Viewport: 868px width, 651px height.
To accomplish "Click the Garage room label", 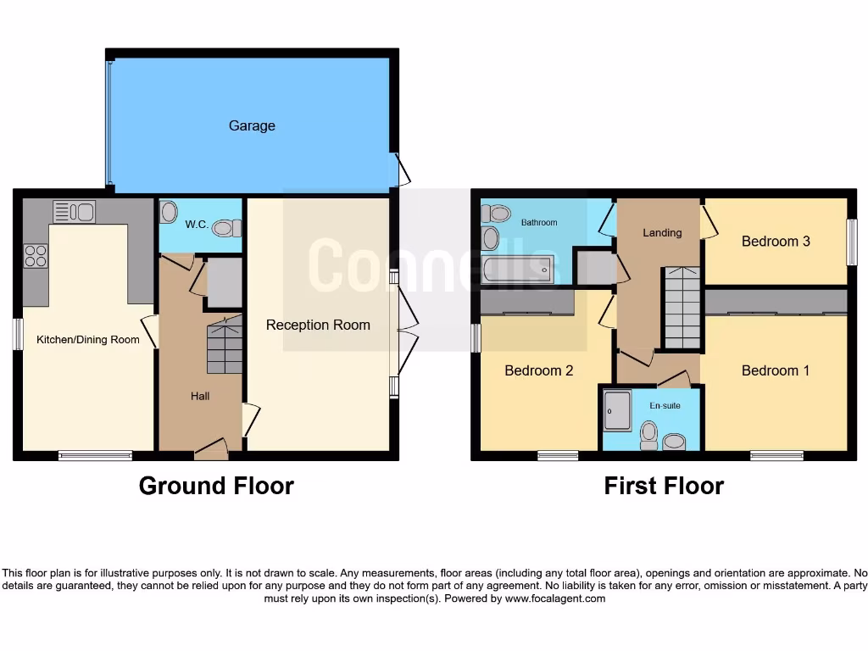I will pos(252,126).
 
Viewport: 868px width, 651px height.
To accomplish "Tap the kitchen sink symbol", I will pos(74,210).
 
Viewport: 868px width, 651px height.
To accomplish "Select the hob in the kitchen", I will pos(36,255).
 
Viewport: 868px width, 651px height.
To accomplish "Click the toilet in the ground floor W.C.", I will pos(225,228).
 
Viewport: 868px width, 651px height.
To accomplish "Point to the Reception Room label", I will pos(318,325).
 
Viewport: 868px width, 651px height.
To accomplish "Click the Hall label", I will pos(200,396).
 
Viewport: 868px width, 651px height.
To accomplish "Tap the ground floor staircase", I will pos(225,344).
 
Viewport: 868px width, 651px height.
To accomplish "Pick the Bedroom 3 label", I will pos(776,242).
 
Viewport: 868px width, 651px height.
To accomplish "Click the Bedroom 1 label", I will pos(776,370).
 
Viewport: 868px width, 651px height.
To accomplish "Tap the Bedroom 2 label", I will pos(539,370).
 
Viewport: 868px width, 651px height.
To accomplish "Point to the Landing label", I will pos(662,232).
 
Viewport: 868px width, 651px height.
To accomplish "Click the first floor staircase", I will pos(682,307).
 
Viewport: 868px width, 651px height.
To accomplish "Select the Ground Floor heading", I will pos(216,486).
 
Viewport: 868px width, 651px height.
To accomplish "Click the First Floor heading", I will pos(664,486).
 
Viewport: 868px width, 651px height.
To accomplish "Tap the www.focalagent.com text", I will pos(556,598).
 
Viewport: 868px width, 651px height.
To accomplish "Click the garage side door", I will pos(403,170).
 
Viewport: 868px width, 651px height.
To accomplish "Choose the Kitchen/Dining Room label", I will pos(88,340).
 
